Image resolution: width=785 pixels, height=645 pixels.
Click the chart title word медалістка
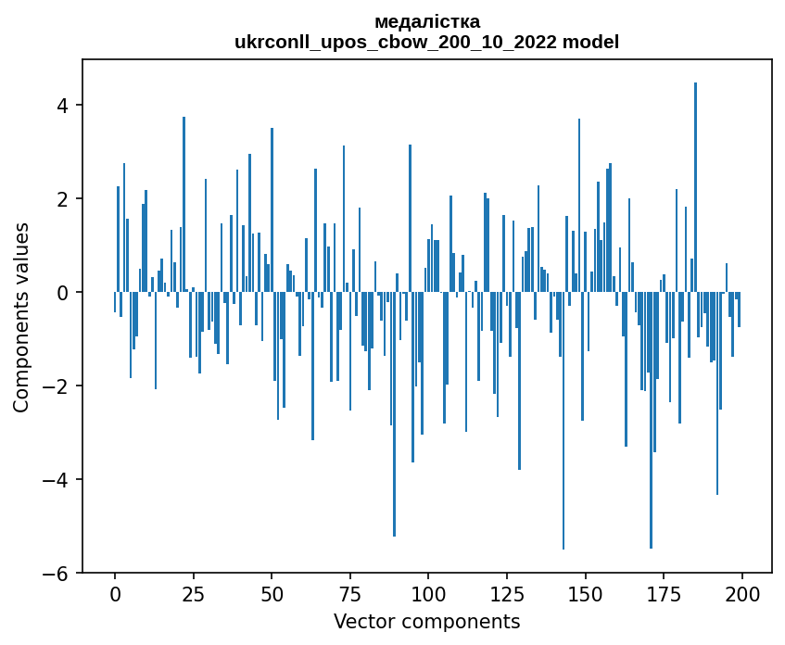pos(427,21)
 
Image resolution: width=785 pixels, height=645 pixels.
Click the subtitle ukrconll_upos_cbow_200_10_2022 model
pos(427,42)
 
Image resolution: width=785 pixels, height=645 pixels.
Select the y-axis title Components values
pos(21,317)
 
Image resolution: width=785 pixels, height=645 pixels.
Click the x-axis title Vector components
pos(427,621)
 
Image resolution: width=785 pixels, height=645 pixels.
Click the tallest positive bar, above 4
pos(695,185)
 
